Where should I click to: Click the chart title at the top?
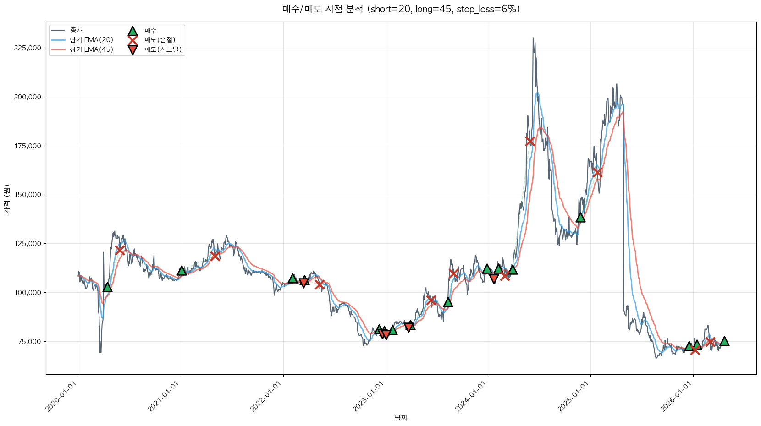(401, 9)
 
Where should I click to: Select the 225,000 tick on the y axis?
(28, 48)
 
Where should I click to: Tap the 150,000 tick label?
(28, 195)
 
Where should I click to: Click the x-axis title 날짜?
(401, 418)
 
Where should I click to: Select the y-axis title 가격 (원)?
(6, 199)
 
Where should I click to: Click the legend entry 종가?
(76, 31)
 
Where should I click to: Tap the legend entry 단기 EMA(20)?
(91, 40)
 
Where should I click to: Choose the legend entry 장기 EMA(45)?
(91, 49)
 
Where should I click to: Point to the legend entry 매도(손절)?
(160, 40)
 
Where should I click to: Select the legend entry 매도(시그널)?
(163, 49)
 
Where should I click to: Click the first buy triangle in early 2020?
(107, 287)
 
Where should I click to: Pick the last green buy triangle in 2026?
(724, 341)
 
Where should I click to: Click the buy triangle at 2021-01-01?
(182, 271)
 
